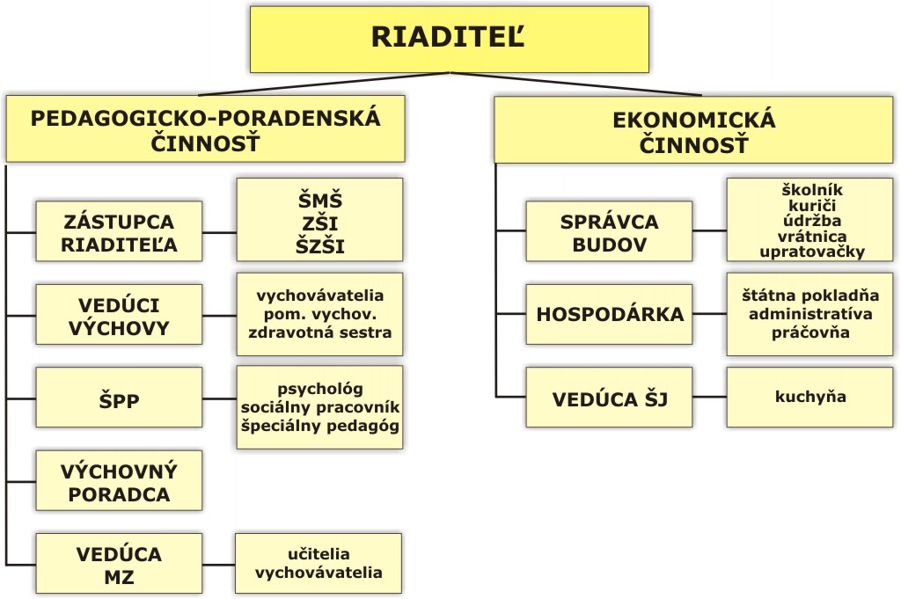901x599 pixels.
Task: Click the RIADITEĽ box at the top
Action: tap(450, 39)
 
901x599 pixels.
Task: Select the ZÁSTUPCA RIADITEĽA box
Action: tap(119, 231)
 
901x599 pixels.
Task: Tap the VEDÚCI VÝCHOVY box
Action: tap(119, 315)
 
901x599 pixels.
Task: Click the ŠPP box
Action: tap(119, 398)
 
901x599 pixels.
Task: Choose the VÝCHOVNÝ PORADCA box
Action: tap(119, 480)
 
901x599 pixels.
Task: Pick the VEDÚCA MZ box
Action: tap(119, 564)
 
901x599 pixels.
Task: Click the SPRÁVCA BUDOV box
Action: tap(609, 231)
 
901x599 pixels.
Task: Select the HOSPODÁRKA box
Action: tap(609, 315)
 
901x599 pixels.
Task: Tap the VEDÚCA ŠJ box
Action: tap(609, 398)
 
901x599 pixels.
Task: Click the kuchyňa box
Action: tap(810, 398)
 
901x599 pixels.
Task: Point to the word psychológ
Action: tap(320, 389)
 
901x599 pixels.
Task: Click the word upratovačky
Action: tap(812, 252)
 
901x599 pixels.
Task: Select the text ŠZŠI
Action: tap(320, 246)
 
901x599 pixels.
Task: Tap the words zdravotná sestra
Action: tap(320, 332)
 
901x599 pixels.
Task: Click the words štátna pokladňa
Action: tap(810, 296)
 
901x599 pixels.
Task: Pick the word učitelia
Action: tap(319, 553)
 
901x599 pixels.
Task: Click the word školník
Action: tap(812, 189)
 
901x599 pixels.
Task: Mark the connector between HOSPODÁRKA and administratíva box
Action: tap(710, 314)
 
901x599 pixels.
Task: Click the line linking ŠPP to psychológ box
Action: tap(219, 398)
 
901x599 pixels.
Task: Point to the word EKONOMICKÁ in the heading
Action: tap(694, 120)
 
